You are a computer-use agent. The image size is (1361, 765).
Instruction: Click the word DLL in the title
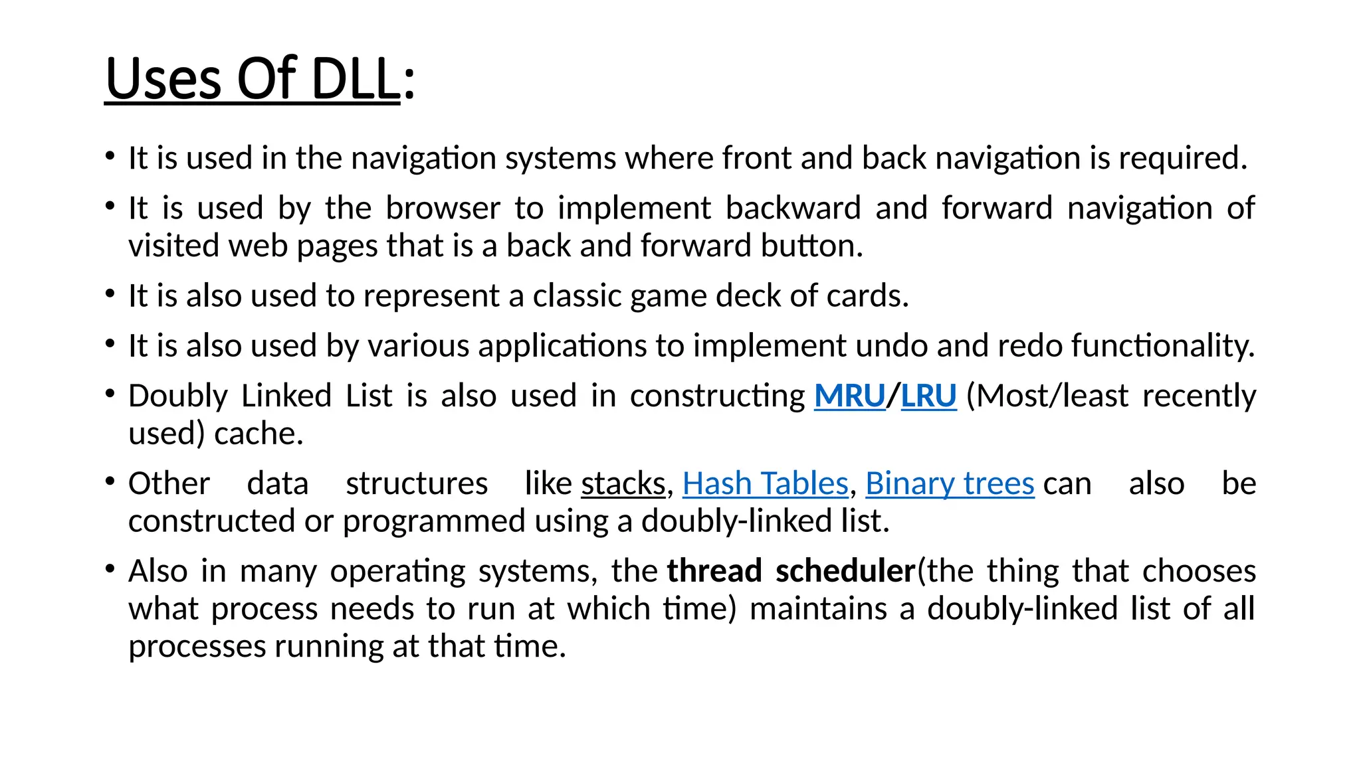[355, 80]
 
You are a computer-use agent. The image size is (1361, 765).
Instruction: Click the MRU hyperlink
[850, 396]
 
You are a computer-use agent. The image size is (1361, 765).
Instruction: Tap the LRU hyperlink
[928, 396]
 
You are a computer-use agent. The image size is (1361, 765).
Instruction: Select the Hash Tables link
[765, 483]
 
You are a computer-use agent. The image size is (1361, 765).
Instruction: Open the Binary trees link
[950, 483]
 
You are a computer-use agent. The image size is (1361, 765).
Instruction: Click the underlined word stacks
[623, 483]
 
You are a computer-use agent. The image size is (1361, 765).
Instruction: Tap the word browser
[443, 209]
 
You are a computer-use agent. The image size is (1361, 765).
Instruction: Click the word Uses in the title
[163, 80]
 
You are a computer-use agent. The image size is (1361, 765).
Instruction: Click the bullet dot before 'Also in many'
[110, 569]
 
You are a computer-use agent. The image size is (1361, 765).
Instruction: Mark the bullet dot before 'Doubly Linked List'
[110, 394]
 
